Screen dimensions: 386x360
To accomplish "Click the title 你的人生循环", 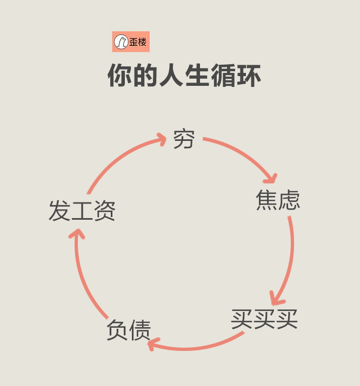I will (x=184, y=76).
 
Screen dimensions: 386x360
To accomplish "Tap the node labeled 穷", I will (x=184, y=139).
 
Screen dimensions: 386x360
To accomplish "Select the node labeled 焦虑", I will (x=278, y=200).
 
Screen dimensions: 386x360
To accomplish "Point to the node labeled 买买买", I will (x=264, y=319).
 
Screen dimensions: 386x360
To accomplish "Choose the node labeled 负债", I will (x=129, y=330).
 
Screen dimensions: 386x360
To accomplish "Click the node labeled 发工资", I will (x=82, y=211).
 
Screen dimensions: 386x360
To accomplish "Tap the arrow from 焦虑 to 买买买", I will (x=290, y=259).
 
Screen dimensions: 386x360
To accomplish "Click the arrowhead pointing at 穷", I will (x=161, y=139).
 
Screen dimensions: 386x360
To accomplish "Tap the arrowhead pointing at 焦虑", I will (x=271, y=178).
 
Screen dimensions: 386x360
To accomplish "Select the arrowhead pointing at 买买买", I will (x=277, y=298).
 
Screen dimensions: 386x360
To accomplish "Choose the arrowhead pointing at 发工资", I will (x=77, y=235).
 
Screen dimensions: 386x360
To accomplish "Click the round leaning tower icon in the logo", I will (x=121, y=42).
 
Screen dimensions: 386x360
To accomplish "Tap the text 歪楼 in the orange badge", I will (x=138, y=42).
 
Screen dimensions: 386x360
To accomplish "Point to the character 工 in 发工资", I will (x=82, y=211).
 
